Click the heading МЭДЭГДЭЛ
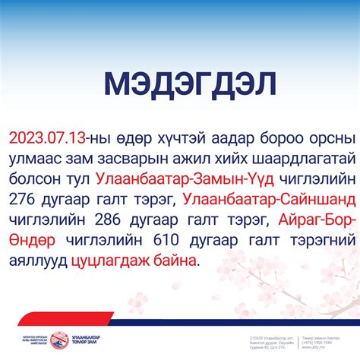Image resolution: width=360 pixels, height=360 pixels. [x=180, y=84]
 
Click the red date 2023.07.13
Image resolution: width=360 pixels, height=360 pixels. [x=46, y=139]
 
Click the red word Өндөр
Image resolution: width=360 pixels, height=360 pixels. [x=32, y=238]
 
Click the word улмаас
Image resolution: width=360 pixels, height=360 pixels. [x=36, y=159]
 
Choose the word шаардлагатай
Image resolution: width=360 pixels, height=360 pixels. [x=294, y=159]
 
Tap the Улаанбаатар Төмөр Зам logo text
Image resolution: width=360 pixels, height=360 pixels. [x=85, y=339]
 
